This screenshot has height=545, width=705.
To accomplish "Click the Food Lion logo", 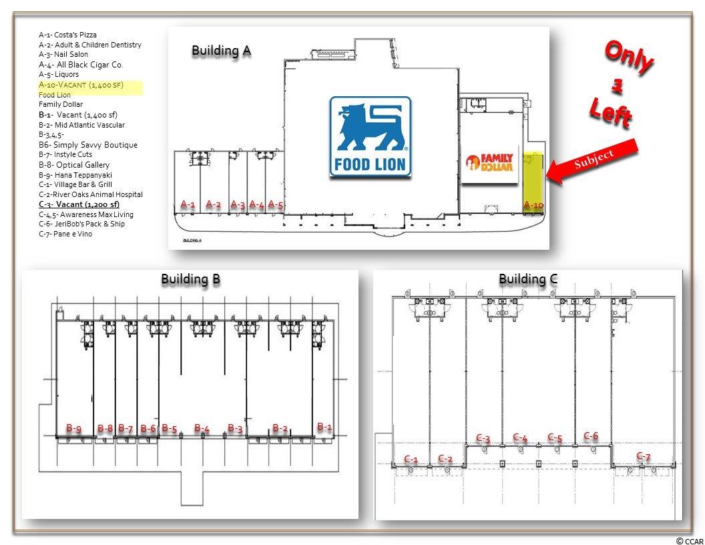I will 371,136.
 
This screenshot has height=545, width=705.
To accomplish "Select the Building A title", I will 221,50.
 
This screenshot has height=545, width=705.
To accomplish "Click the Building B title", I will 190,279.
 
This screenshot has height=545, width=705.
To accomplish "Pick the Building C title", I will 528,279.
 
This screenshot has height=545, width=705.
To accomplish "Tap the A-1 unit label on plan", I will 188,204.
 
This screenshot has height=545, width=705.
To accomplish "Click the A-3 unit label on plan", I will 238,204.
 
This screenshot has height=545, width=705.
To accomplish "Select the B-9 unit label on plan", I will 73,428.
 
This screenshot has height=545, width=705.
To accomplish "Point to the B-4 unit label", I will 202,428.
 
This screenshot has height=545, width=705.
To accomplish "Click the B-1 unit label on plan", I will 324,426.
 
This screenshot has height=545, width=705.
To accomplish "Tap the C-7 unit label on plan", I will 644,456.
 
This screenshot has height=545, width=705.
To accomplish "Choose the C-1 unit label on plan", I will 411,460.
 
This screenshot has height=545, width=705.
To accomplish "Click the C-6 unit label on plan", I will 591,436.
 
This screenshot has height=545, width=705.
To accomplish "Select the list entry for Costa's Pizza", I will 67,35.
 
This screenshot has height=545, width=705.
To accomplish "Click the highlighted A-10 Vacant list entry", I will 81,85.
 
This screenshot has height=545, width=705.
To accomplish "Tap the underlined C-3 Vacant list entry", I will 79,204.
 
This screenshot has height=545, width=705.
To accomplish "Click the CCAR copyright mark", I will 689,540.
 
